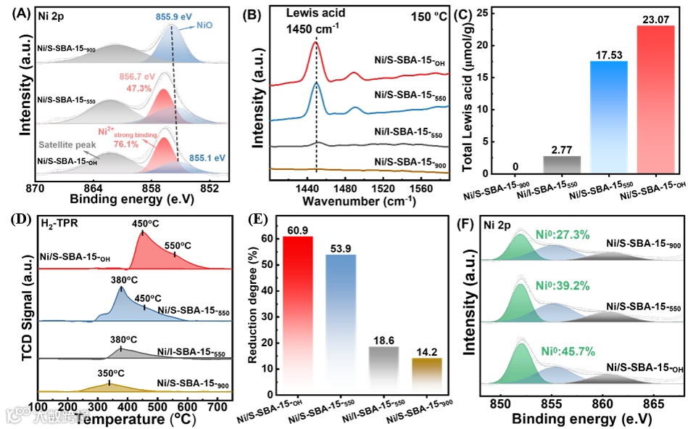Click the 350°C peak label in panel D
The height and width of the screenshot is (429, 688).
point(109,372)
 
